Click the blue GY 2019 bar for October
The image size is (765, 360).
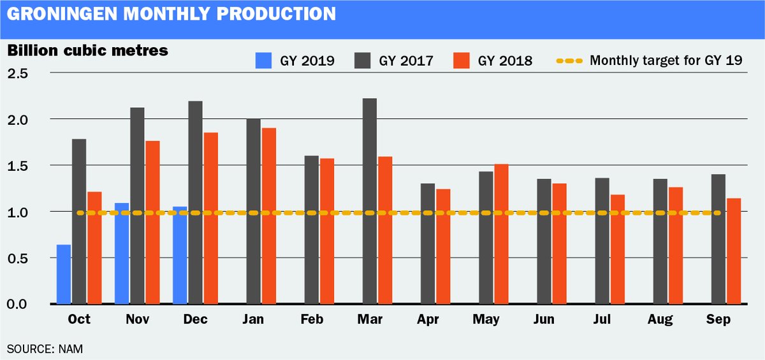(64, 274)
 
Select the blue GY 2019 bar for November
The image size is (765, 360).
(122, 253)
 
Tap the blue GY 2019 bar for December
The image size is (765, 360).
(179, 255)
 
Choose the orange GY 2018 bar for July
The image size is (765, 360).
(617, 249)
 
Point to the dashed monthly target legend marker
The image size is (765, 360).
(568, 61)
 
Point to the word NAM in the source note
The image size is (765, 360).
(71, 349)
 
